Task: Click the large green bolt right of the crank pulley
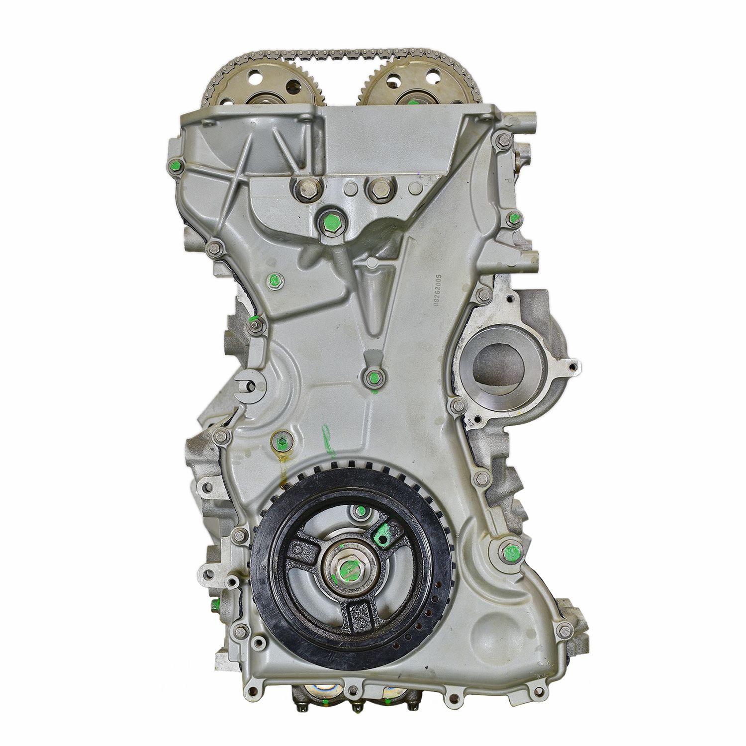point(508,551)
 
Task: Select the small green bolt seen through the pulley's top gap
point(354,511)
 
